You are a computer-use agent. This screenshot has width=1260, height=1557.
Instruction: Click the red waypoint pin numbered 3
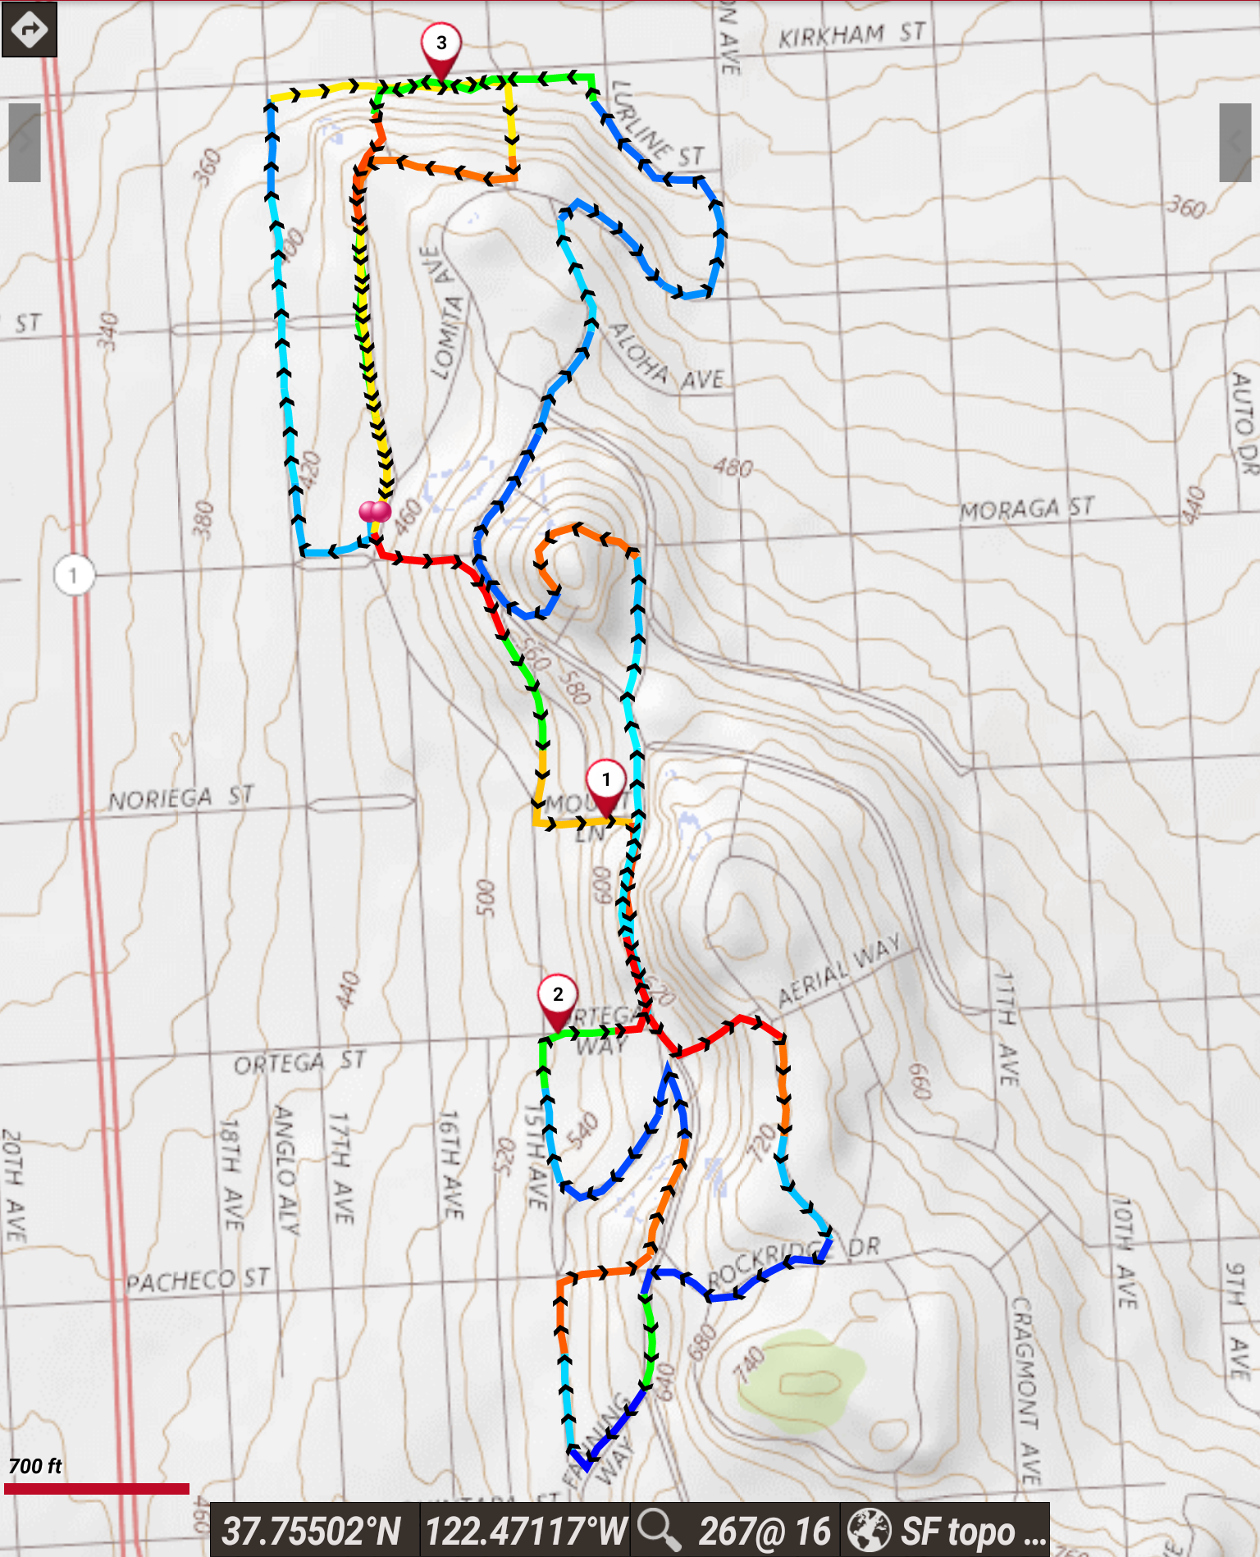click(x=441, y=44)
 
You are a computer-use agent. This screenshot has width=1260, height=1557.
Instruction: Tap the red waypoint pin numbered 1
click(x=606, y=781)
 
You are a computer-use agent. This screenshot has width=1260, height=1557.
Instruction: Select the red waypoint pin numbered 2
click(x=558, y=996)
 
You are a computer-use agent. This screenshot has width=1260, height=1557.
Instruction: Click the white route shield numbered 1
click(x=74, y=575)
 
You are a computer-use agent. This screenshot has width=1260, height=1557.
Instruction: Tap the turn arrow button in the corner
click(x=30, y=30)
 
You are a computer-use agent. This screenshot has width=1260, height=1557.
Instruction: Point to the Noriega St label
click(x=181, y=797)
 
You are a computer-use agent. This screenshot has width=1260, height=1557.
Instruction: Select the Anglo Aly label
click(x=285, y=1169)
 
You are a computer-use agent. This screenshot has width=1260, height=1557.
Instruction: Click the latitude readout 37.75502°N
click(x=313, y=1531)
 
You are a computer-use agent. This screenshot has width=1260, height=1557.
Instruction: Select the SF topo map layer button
click(x=947, y=1531)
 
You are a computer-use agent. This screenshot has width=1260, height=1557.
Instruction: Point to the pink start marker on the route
click(x=375, y=513)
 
